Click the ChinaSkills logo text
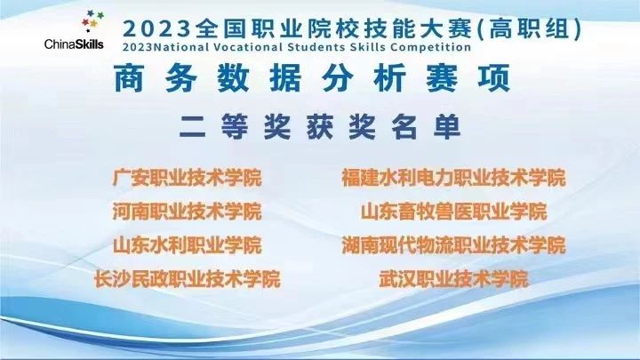(x=74, y=44)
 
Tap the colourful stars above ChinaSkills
(x=92, y=20)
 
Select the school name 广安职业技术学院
(x=187, y=178)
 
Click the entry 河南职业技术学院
(x=187, y=212)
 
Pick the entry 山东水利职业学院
(x=187, y=245)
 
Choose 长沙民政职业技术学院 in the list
(x=188, y=279)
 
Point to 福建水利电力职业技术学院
(x=453, y=178)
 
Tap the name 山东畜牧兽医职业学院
(x=453, y=212)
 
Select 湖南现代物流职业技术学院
(x=453, y=245)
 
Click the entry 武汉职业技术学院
(x=453, y=279)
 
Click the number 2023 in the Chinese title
(x=156, y=29)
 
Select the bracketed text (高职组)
(x=529, y=29)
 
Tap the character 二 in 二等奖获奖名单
(x=192, y=127)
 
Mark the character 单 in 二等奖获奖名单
(x=447, y=127)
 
